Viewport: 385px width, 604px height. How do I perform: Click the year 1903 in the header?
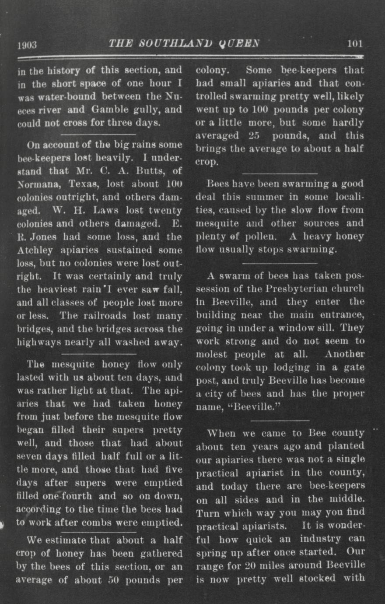click(x=27, y=45)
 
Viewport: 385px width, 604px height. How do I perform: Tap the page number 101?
click(x=355, y=43)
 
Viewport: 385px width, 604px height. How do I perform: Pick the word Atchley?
click(x=35, y=250)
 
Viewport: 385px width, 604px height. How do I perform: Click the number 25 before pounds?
click(x=254, y=136)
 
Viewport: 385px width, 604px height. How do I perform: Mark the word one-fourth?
click(x=67, y=496)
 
